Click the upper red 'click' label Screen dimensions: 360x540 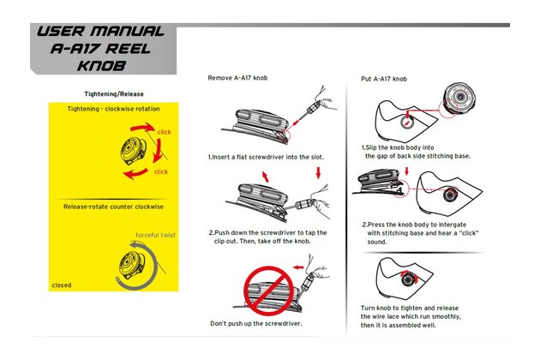(164, 132)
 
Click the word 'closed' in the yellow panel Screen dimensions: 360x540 (62, 285)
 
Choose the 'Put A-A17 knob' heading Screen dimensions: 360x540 (383, 79)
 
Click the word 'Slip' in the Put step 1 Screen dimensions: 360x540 (377, 147)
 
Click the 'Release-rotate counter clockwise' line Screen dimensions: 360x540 (114, 207)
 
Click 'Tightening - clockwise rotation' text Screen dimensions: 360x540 (114, 109)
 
